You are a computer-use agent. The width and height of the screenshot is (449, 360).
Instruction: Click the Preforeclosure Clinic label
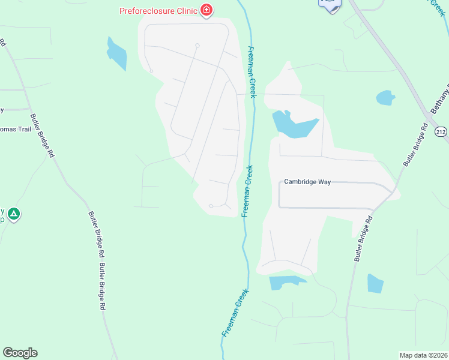click(x=158, y=10)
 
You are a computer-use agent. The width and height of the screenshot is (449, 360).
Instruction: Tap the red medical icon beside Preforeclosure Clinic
click(x=206, y=10)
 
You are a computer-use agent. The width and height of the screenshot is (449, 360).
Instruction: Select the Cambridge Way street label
click(x=307, y=182)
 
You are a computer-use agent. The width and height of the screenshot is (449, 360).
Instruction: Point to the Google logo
click(x=20, y=353)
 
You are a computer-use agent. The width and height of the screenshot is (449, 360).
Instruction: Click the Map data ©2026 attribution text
click(x=423, y=355)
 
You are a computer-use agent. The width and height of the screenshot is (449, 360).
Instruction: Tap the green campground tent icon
click(x=14, y=213)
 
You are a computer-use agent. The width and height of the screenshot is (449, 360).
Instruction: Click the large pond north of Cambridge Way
click(x=294, y=125)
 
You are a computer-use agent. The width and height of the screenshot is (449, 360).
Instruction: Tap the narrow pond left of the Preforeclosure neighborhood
click(x=116, y=53)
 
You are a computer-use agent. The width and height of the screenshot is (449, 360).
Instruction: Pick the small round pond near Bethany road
click(x=385, y=97)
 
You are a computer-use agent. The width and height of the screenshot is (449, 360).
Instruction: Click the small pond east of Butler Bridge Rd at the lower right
click(x=375, y=283)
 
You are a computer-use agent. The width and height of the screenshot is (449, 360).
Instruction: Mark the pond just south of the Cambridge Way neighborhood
click(x=285, y=282)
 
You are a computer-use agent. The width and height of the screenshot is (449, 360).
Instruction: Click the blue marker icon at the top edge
click(x=330, y=4)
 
